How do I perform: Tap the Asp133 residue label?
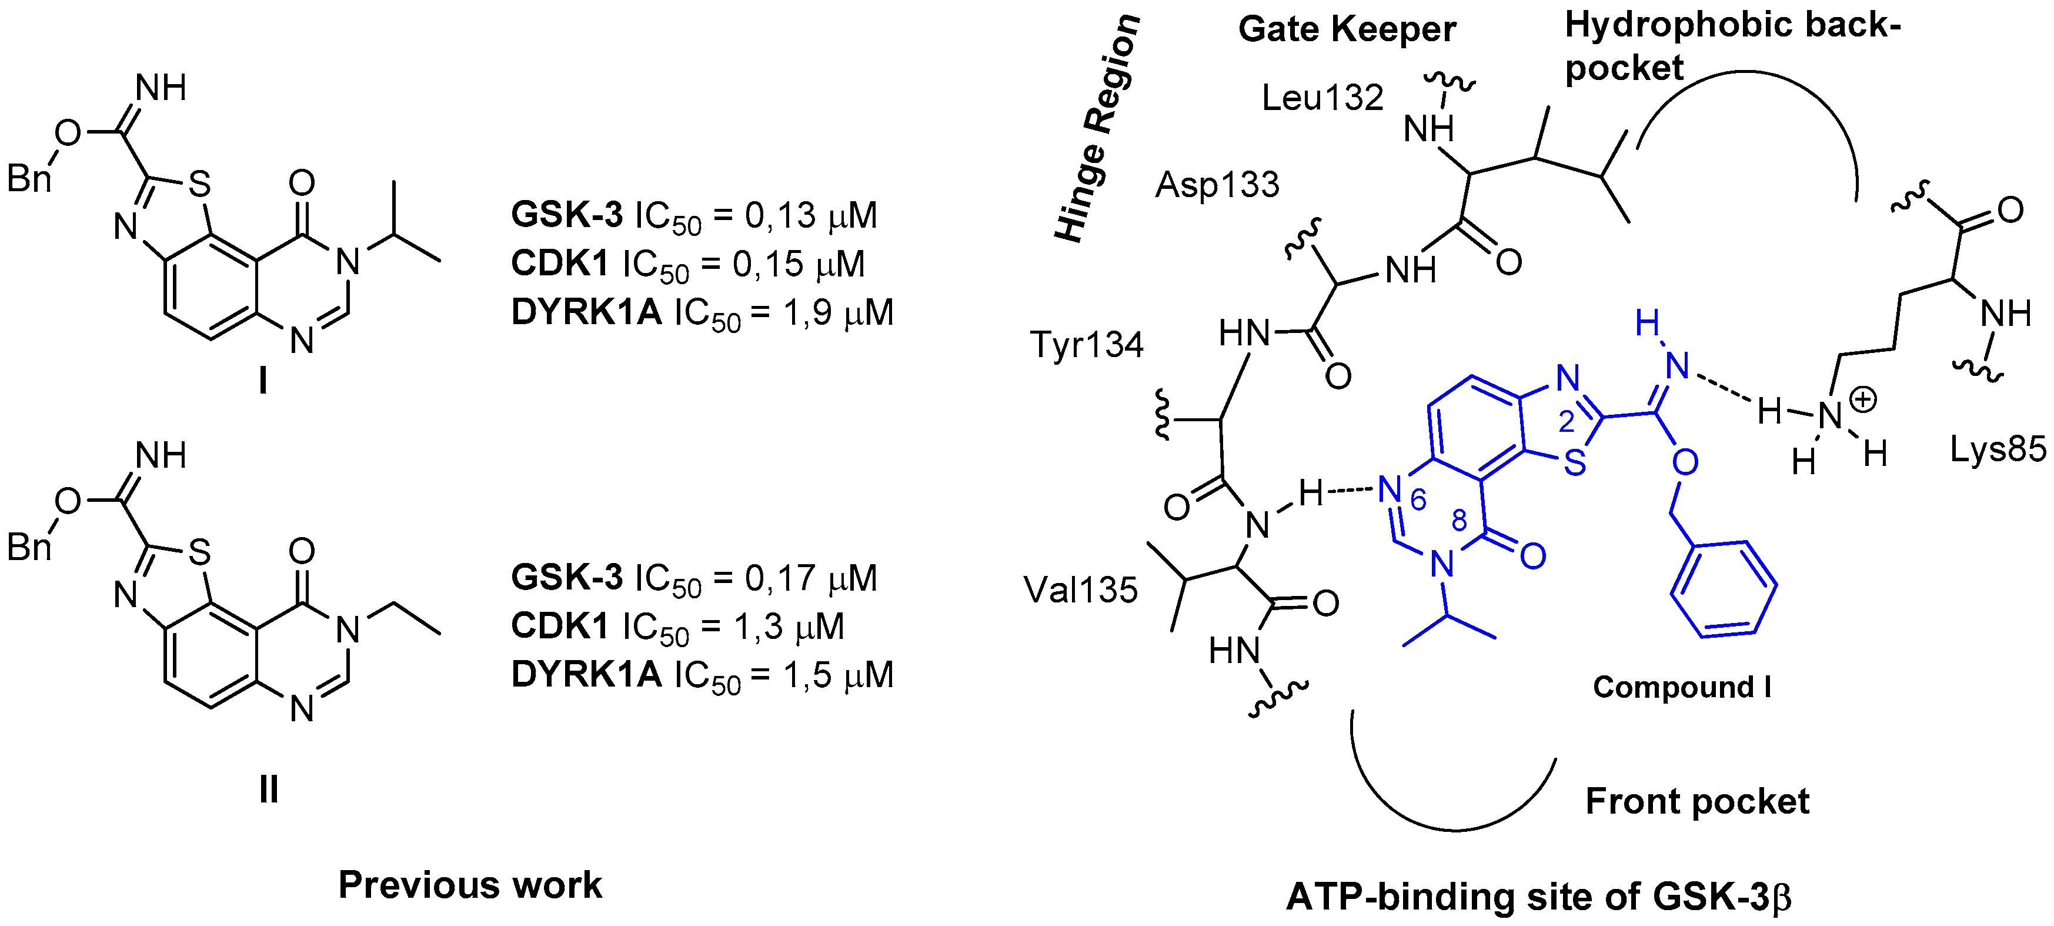point(1217,185)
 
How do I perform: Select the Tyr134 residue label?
point(1086,345)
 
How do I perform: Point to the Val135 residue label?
point(1080,590)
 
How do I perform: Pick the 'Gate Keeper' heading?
point(1347,31)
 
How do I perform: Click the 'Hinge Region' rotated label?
point(1096,128)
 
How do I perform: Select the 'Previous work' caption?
point(470,885)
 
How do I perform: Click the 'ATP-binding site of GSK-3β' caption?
point(1539,897)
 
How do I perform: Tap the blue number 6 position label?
point(1418,499)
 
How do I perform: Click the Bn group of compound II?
point(29,547)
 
